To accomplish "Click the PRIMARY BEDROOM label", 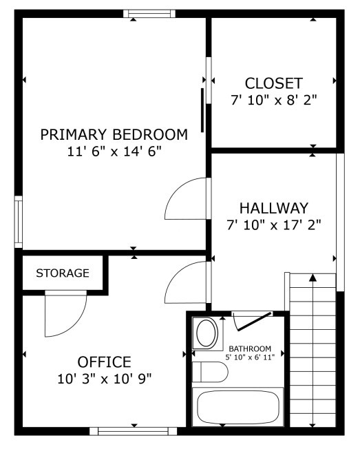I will pos(114,134).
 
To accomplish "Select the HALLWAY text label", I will pos(273,207).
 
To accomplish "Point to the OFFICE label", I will pos(104,362).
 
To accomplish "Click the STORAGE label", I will pos(63,273).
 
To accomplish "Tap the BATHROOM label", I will pos(250,348).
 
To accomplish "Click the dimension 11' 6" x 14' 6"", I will pos(114,151).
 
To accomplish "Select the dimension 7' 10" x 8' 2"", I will pos(274,100).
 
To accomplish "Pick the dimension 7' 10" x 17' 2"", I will pos(273,224).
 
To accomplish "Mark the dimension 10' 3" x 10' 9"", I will pos(104,378).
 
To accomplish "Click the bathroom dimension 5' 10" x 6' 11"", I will pos(250,357).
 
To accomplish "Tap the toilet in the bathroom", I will pos(210,373).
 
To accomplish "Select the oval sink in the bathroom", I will pos(206,334).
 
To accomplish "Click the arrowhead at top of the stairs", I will pos(313,278).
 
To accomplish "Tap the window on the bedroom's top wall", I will pos(149,14).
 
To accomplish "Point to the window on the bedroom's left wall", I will pos(19,222).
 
